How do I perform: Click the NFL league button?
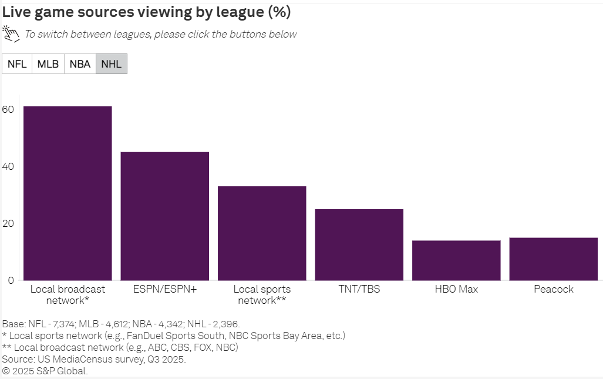pos(17,64)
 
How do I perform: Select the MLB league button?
pos(48,64)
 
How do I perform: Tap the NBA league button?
pos(80,64)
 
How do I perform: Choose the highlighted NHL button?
pos(112,64)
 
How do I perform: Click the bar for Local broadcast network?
pos(68,193)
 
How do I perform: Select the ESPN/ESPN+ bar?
pos(164,216)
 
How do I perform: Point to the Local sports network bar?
pos(262,233)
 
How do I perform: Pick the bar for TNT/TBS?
pos(359,244)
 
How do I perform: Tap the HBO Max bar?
pos(456,260)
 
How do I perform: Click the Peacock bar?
pos(553,259)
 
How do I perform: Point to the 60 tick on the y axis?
pos(8,109)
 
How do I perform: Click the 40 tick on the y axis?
pos(8,166)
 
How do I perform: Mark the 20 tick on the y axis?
pos(8,223)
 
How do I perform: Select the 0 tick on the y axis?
pos(11,280)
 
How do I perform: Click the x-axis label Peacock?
pos(553,289)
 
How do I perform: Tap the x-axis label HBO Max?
pos(456,289)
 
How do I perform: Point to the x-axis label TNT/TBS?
pos(359,289)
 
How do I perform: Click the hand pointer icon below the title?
pos(11,34)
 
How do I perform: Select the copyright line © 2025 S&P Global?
pos(45,371)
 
